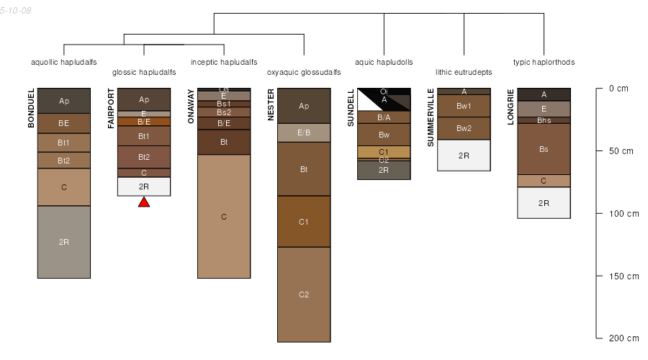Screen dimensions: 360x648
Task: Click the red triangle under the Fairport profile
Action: tap(144, 202)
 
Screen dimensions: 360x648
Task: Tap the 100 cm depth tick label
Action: tap(624, 214)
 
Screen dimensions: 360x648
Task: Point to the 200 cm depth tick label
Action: tap(624, 338)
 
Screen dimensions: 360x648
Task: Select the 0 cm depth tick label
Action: tap(618, 89)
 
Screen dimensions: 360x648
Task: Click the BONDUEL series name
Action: tap(31, 108)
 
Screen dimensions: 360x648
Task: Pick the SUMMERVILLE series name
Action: tap(431, 117)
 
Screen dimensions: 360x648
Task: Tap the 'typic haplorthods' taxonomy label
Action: tap(544, 63)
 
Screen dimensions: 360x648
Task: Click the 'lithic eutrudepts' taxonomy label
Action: tap(464, 73)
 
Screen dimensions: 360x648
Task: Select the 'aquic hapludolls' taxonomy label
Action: tap(384, 63)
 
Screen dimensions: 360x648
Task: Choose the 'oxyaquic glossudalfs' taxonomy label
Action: tap(304, 73)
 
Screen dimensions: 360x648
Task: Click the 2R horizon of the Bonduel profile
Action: tap(64, 242)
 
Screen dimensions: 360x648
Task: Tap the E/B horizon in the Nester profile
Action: tap(304, 132)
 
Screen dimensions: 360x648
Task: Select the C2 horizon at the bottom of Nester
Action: tap(304, 294)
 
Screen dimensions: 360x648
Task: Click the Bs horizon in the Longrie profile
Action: tap(544, 149)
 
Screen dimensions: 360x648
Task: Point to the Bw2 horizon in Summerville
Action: tap(464, 128)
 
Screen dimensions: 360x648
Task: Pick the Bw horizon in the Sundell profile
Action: tap(384, 135)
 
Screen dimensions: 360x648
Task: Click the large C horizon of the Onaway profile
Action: tap(224, 216)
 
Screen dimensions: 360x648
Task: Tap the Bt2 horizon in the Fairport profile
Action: tap(144, 157)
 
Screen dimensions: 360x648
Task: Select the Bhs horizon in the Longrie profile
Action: tap(544, 120)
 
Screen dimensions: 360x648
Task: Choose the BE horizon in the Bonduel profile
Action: tap(64, 123)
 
